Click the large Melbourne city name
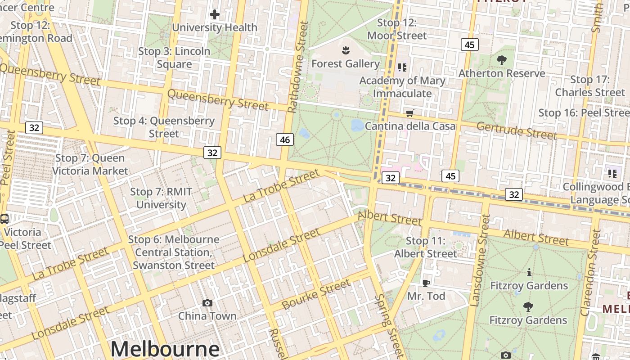(x=165, y=349)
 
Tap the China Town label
(x=207, y=316)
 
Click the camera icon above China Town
(x=207, y=303)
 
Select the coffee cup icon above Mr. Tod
(x=426, y=283)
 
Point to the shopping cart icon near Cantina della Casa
(x=409, y=113)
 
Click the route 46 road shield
(x=285, y=139)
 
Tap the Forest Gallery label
(x=345, y=64)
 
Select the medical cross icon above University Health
(x=215, y=14)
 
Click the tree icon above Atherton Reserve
(x=501, y=60)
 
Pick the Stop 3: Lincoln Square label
(x=174, y=58)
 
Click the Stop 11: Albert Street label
(x=425, y=247)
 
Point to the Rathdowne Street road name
(x=298, y=67)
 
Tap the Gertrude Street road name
(x=517, y=130)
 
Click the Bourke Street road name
(x=316, y=294)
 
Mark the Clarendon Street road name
(x=591, y=273)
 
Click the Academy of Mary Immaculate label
(x=402, y=87)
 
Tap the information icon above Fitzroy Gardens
(x=529, y=272)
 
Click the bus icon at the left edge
(x=4, y=219)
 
